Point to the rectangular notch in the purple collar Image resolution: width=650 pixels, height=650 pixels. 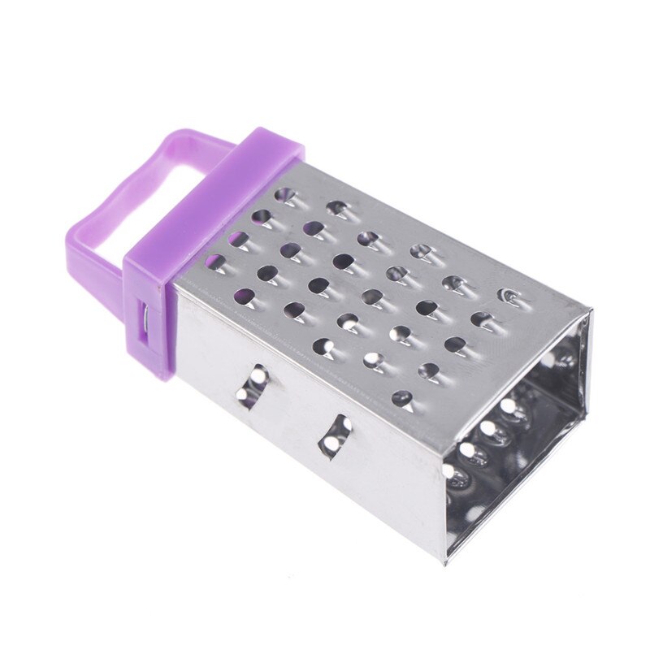(145, 317)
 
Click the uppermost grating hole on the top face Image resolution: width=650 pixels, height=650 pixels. (284, 195)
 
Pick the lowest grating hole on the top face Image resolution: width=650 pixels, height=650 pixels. (401, 397)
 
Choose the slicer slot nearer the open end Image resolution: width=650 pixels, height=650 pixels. (335, 435)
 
